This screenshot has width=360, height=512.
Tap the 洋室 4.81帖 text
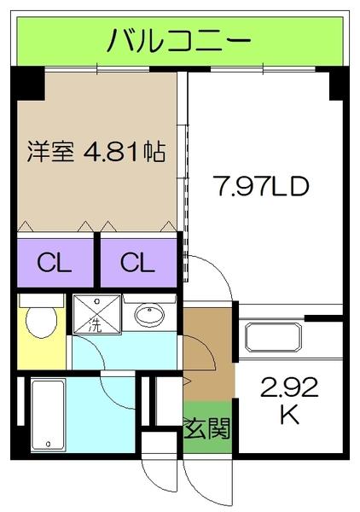coord(95,154)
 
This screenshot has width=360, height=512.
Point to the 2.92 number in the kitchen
coord(289,389)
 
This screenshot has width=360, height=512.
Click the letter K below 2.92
coord(289,417)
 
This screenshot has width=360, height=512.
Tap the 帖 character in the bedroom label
coord(154,154)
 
